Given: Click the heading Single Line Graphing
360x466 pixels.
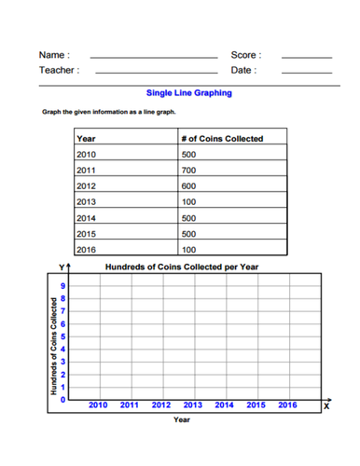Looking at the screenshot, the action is point(189,93).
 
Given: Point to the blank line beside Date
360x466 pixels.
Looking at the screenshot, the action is point(306,73).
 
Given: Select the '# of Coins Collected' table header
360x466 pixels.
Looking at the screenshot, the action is point(222,139).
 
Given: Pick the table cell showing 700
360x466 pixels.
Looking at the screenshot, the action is point(189,170).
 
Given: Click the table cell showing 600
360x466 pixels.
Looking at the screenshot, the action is point(189,185).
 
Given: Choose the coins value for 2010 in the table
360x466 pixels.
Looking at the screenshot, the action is point(189,154).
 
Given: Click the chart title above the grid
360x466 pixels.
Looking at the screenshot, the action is point(182,267).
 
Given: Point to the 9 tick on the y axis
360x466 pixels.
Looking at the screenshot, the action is point(63,285).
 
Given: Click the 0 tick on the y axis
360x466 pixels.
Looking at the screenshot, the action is point(63,399).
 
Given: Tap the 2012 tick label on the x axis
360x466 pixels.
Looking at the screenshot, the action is point(161,405).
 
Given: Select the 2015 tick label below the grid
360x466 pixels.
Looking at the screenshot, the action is point(256,405).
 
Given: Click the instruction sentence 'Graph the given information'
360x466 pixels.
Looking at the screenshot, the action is point(104,111).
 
